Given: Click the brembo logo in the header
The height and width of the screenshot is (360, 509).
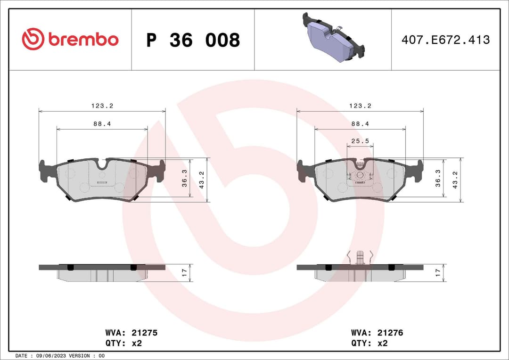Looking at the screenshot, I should pos(70,40).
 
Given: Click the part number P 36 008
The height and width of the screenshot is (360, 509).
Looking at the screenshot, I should pos(193,40).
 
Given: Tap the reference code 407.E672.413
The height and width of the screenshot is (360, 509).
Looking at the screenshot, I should pos(445,40).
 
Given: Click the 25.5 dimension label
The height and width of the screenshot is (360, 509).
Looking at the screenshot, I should pos(360,141).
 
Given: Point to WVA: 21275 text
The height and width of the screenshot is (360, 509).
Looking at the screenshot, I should pos(131,333).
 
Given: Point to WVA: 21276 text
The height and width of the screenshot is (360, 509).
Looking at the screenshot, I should pos(377,333).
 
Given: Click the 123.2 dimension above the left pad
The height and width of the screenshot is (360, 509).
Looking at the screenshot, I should pos(102,106).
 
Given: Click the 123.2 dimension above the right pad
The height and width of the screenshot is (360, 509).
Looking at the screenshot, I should pos(360,106).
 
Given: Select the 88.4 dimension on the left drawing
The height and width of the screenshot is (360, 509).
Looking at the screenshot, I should pos(102,123).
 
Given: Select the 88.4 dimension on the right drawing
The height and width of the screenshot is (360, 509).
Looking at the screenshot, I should pos(360,123).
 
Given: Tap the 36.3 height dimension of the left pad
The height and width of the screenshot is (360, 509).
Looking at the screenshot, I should pos(185,178).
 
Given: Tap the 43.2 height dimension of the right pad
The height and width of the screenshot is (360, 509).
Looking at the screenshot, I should pos(455,180).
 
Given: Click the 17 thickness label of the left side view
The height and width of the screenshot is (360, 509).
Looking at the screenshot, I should pos(185,272).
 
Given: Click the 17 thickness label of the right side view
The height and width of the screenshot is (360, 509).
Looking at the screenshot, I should pos(438,272).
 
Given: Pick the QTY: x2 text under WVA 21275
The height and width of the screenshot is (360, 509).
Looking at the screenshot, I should pos(123,344).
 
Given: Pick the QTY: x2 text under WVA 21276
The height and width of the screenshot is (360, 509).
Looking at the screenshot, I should pos(369,344).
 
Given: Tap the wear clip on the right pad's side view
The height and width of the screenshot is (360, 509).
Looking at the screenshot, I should pos(360,257).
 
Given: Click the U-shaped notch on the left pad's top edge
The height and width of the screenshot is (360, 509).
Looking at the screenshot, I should pos(102,164).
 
